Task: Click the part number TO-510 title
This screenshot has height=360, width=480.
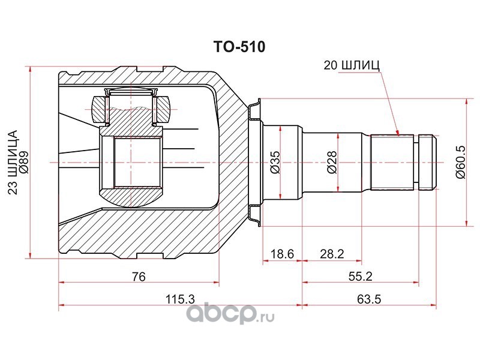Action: coord(239,47)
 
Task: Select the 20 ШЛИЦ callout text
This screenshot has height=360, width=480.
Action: coord(352,65)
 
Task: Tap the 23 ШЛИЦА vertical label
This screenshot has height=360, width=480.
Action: coord(13,162)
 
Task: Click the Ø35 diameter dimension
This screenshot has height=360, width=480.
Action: coord(275,162)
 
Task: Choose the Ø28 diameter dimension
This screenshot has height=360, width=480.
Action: coord(332,162)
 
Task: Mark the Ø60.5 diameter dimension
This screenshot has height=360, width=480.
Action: coord(460,162)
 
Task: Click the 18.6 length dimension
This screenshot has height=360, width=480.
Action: coord(282,254)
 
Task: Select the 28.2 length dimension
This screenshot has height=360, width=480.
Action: coord(332,254)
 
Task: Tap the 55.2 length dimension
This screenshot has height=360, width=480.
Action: coord(361,277)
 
